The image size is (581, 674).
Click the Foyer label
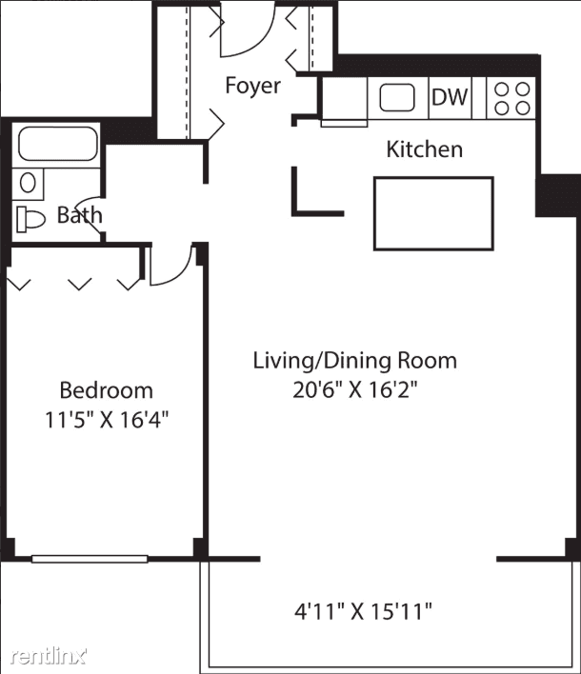tap(252, 85)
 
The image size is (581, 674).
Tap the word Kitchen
tap(425, 149)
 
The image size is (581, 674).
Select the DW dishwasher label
tap(450, 97)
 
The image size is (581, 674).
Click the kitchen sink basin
tap(397, 97)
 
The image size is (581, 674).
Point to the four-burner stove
tap(511, 98)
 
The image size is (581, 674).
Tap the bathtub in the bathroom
tap(58, 144)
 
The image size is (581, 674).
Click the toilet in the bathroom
tap(30, 219)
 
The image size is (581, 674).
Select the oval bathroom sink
tap(28, 183)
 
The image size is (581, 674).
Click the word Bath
tap(80, 215)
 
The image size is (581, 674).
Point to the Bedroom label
tap(107, 390)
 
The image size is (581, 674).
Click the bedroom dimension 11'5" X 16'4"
tap(107, 420)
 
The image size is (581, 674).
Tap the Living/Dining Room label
tap(355, 361)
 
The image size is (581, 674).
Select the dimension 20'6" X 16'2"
tap(355, 390)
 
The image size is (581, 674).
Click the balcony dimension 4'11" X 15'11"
tap(363, 611)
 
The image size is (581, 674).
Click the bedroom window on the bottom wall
tap(90, 559)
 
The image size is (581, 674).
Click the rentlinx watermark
tap(49, 656)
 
